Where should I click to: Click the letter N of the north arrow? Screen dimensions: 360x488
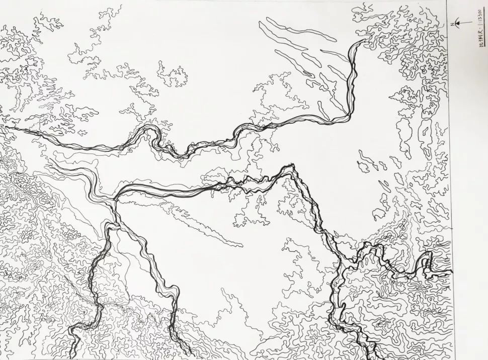coord(452,24)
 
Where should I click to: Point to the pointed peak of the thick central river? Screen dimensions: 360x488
coord(291,166)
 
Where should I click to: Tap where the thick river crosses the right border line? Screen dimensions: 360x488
coord(452,274)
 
